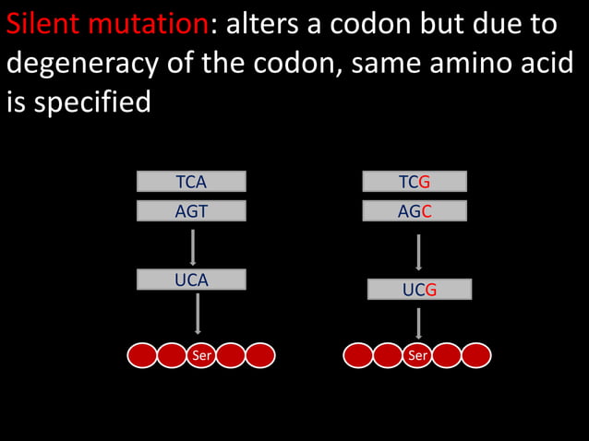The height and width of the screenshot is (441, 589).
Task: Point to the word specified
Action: [91, 102]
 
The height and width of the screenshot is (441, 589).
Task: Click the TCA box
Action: [191, 182]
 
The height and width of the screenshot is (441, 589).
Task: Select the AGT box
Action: [191, 211]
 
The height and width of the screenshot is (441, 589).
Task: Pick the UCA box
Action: [191, 280]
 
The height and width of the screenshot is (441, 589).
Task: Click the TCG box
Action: [415, 182]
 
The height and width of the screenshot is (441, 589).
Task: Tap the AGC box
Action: [415, 211]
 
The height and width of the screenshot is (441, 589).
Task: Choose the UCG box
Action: [419, 290]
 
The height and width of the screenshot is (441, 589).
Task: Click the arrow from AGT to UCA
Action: [193, 246]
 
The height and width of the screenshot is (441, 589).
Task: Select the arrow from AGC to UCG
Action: [419, 252]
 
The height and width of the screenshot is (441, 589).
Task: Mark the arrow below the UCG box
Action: [419, 323]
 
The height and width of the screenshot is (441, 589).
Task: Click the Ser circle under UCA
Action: [201, 355]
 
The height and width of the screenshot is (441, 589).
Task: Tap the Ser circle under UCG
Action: [417, 355]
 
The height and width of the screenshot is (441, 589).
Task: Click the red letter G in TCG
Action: [426, 182]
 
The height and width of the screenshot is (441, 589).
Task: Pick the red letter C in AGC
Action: [427, 211]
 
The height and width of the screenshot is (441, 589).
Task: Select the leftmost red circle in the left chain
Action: [142, 355]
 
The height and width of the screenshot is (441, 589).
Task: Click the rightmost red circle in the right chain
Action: [476, 355]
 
